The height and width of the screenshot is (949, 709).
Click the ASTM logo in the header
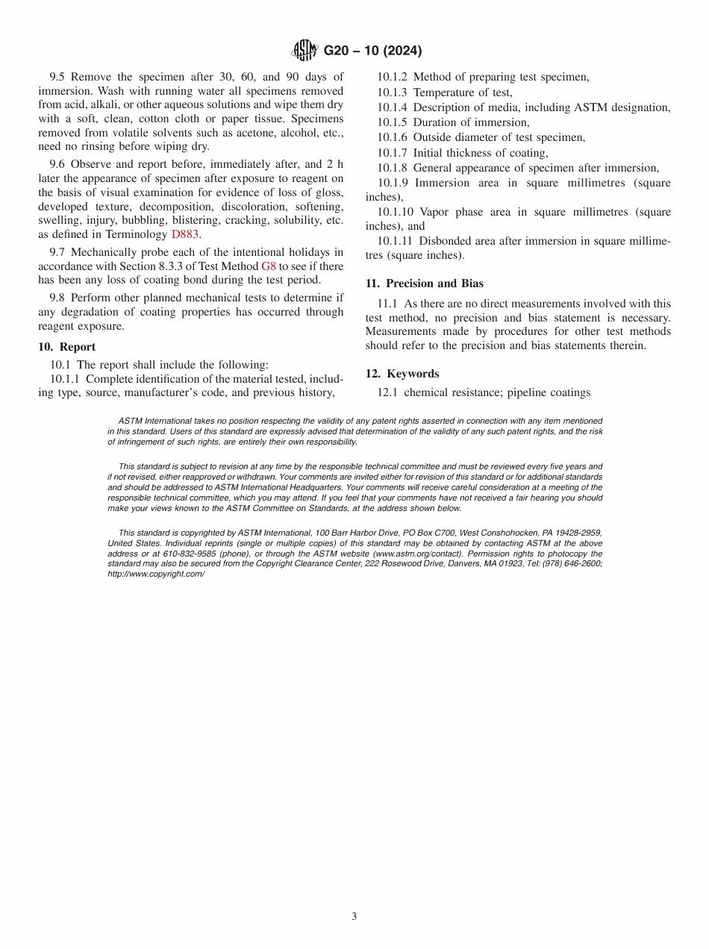(304, 51)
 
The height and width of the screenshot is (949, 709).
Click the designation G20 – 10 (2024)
(372, 51)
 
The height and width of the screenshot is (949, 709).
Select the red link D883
(186, 234)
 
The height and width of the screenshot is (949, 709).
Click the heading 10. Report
(66, 347)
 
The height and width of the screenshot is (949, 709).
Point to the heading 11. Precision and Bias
(424, 284)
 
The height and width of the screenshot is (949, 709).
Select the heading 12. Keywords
(402, 374)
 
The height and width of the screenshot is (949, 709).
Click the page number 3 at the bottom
(354, 916)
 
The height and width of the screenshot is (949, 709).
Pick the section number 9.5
(58, 77)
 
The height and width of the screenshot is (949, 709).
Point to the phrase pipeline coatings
(549, 392)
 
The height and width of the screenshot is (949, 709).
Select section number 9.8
(58, 298)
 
